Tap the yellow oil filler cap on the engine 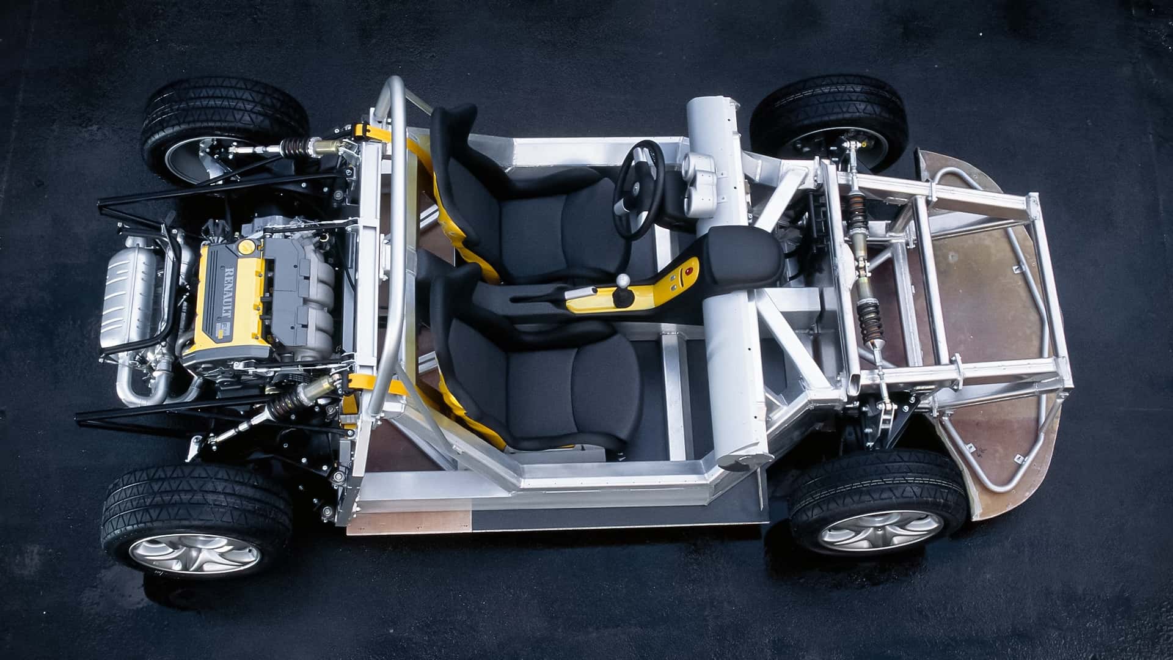coord(246,247)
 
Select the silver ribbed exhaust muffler coord(129,297)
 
